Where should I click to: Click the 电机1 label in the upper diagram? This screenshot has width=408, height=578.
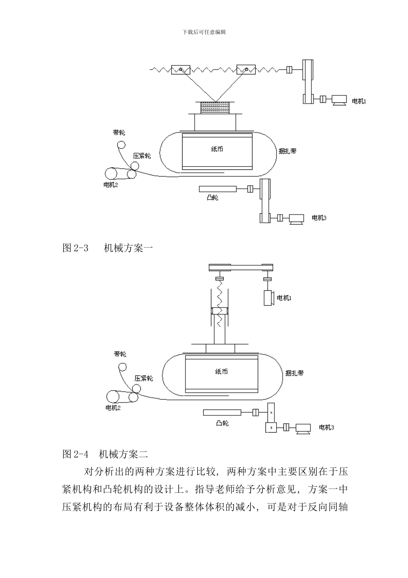pyautogui.click(x=359, y=101)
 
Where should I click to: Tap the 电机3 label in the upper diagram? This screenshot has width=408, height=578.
pyautogui.click(x=319, y=218)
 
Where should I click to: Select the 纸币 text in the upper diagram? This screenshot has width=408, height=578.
pyautogui.click(x=217, y=149)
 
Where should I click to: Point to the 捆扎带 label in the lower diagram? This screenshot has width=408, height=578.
pyautogui.click(x=295, y=373)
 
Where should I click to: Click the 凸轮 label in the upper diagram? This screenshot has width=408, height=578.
pyautogui.click(x=212, y=198)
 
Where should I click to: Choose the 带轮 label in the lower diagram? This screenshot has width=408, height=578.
pyautogui.click(x=120, y=354)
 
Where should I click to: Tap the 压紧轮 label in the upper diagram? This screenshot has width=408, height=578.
pyautogui.click(x=142, y=156)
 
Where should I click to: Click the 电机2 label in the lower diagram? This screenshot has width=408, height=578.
pyautogui.click(x=113, y=408)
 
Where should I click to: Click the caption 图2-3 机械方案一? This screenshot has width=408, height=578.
pyautogui.click(x=108, y=248)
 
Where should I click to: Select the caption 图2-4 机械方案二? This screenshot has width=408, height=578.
pyautogui.click(x=105, y=454)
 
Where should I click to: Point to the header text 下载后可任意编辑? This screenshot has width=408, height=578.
pyautogui.click(x=204, y=32)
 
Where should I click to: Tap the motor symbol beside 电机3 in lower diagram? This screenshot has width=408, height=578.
pyautogui.click(x=303, y=427)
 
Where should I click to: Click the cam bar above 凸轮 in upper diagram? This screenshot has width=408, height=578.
pyautogui.click(x=218, y=188)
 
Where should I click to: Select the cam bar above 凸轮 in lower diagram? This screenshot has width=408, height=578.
pyautogui.click(x=222, y=413)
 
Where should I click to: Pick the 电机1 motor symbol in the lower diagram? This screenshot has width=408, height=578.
pyautogui.click(x=269, y=298)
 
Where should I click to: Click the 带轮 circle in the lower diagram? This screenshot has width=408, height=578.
pyautogui.click(x=123, y=367)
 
